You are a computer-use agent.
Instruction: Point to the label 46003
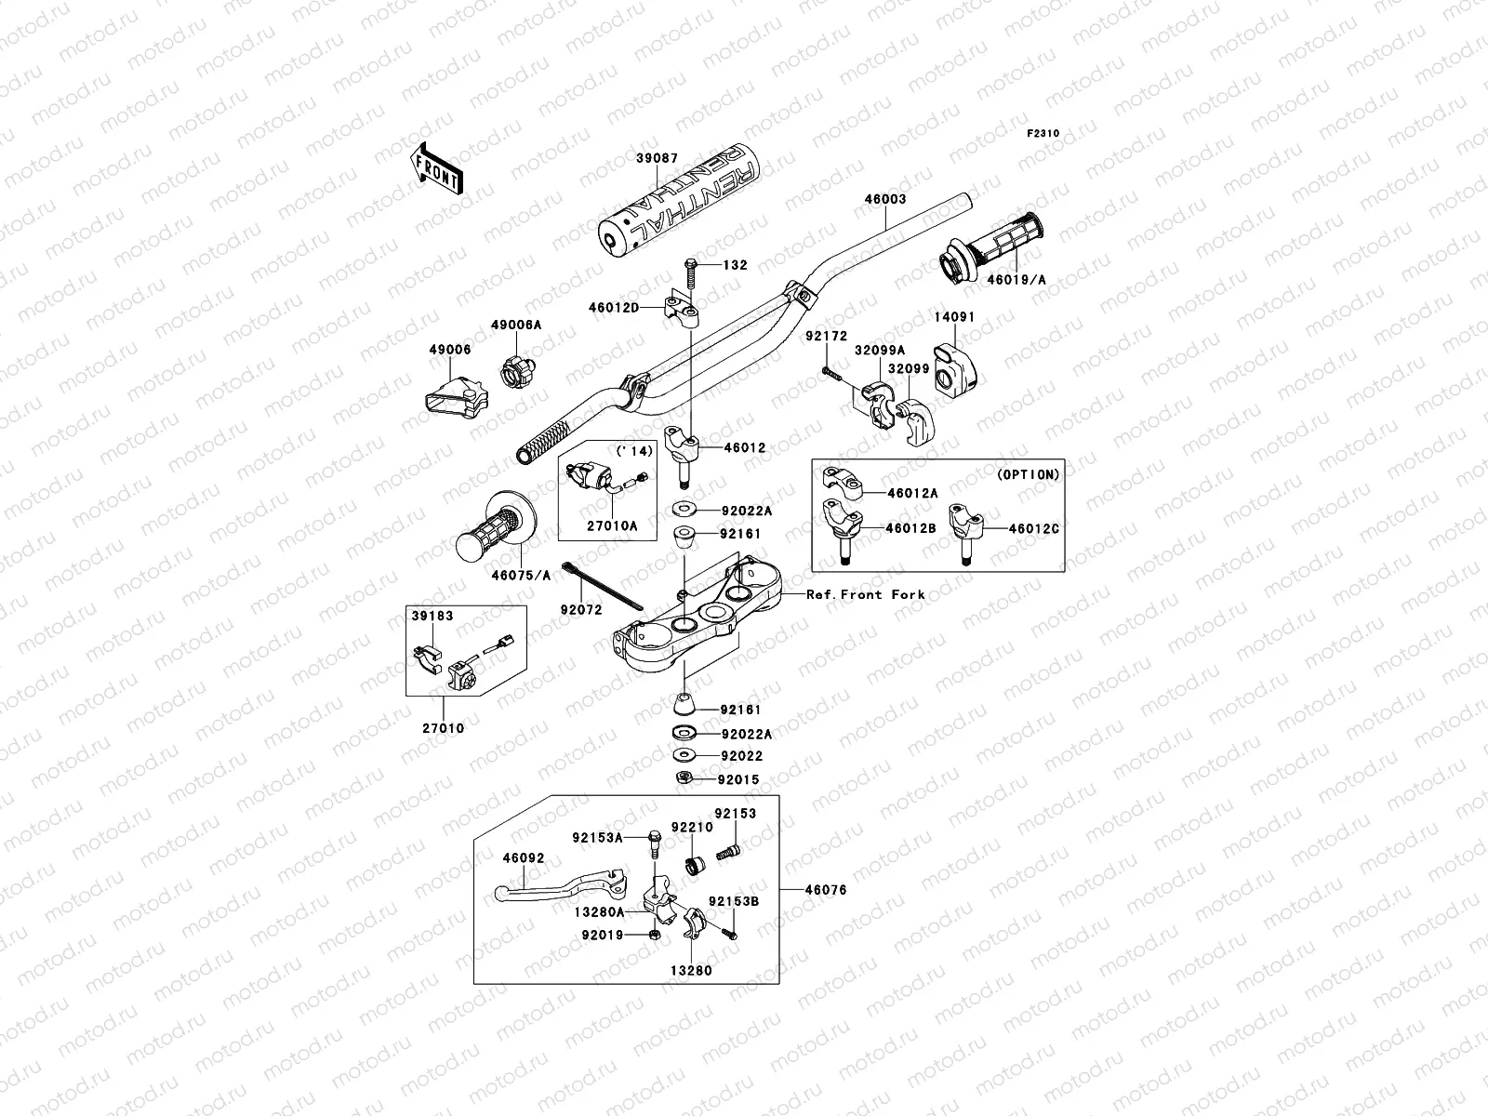coord(884,199)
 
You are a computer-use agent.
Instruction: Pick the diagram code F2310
coord(1043,134)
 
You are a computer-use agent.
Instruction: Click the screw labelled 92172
coord(831,375)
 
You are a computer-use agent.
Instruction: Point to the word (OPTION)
coord(1028,474)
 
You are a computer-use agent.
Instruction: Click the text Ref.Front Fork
coord(865,594)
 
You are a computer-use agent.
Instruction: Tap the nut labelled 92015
coord(682,778)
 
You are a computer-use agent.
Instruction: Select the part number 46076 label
coord(827,890)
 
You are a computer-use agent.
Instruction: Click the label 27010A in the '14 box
coord(611,525)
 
